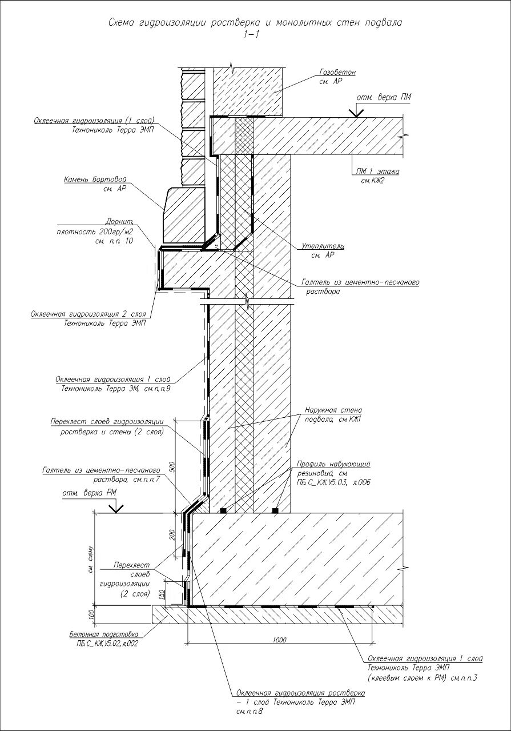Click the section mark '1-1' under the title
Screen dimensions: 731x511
pyautogui.click(x=251, y=34)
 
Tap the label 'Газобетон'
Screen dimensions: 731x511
pyautogui.click(x=337, y=73)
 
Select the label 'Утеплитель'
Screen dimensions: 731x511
pyautogui.click(x=323, y=246)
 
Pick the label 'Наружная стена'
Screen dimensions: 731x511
pyautogui.click(x=333, y=410)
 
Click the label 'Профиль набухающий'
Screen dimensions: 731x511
pyautogui.click(x=334, y=464)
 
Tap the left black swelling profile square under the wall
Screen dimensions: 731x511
pyautogui.click(x=224, y=509)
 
